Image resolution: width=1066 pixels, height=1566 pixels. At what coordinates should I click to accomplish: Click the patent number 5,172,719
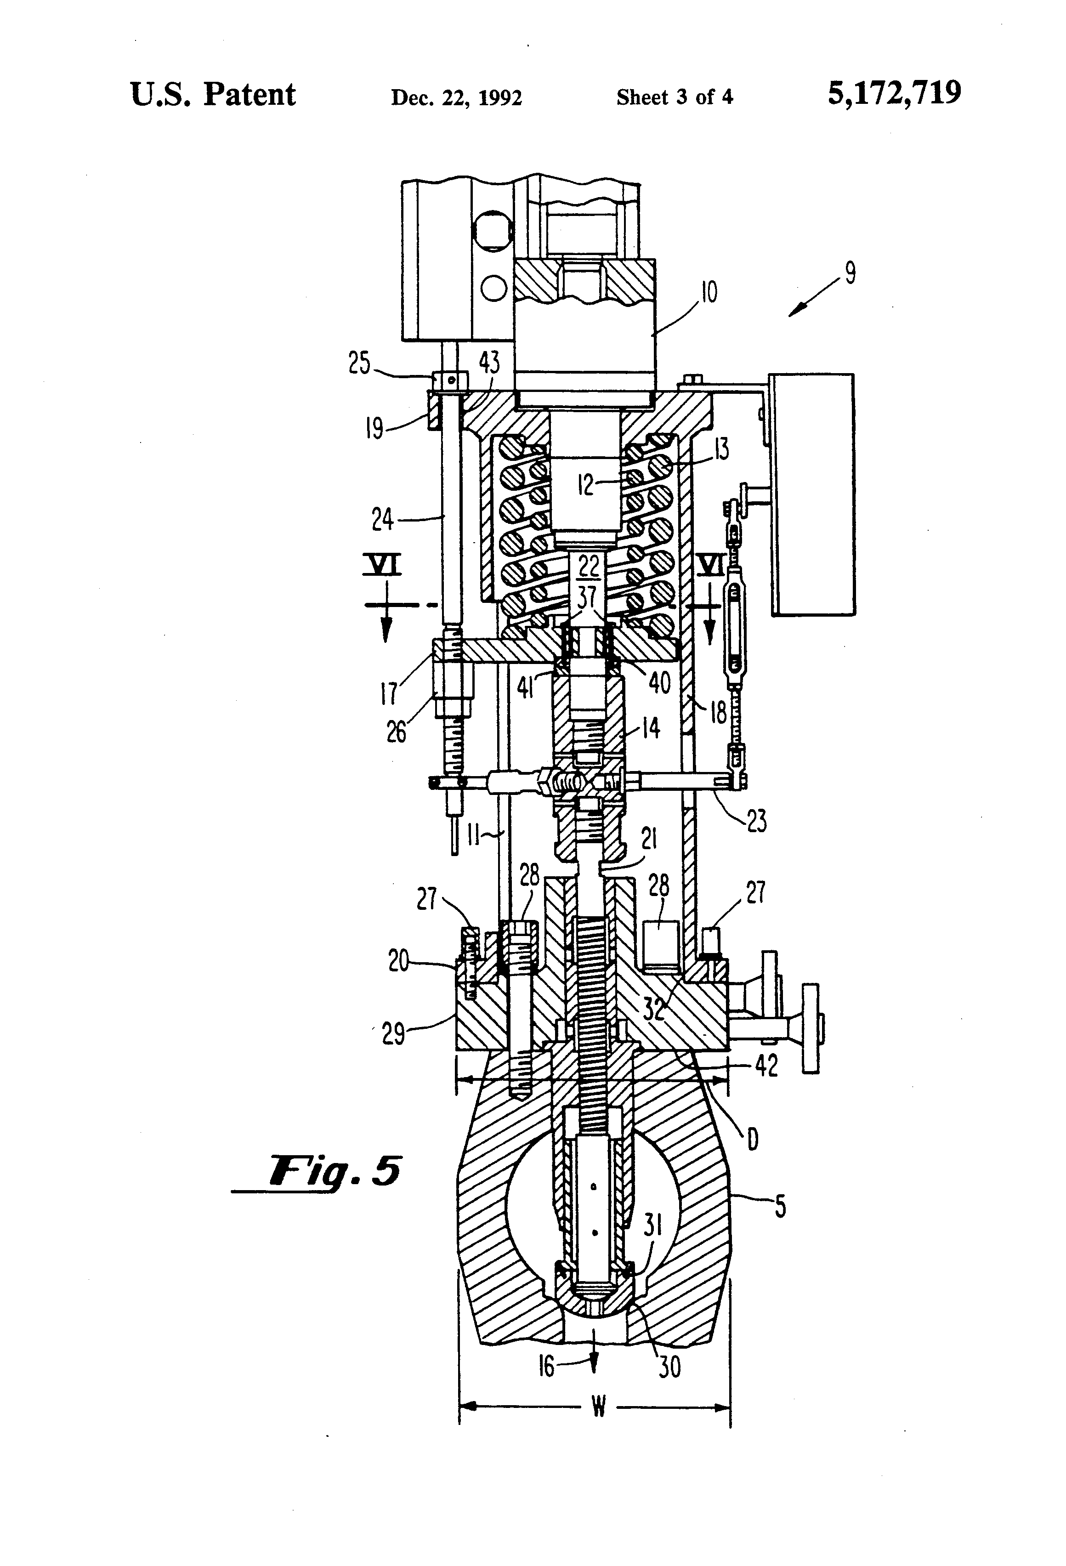tap(894, 94)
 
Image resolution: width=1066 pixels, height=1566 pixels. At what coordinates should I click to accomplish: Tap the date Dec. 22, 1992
tap(456, 98)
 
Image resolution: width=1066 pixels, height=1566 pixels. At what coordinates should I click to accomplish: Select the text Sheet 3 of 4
tap(675, 98)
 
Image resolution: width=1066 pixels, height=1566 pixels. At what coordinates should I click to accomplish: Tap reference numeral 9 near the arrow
tap(851, 273)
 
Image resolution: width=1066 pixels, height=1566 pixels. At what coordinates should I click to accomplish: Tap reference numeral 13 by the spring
tap(721, 449)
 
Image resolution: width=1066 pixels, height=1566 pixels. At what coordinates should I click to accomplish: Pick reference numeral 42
tap(767, 1065)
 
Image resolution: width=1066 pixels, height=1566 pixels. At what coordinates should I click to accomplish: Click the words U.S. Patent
tap(213, 95)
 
